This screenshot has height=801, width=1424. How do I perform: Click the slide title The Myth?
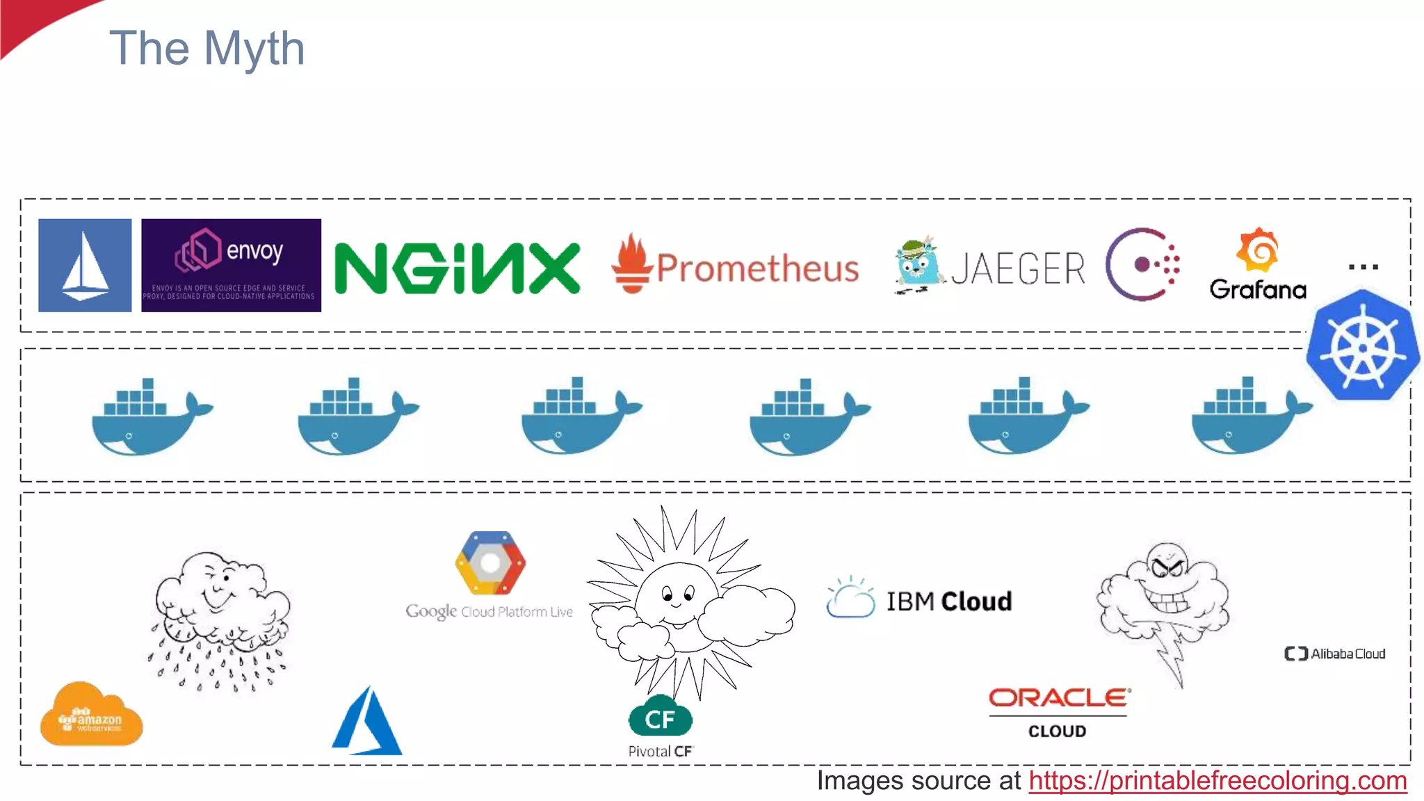(x=207, y=49)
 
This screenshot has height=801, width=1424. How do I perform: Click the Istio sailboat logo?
(x=85, y=266)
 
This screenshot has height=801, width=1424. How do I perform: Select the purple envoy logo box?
(x=231, y=266)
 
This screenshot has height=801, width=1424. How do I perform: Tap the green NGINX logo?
(x=457, y=268)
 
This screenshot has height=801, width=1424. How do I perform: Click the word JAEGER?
(x=1018, y=268)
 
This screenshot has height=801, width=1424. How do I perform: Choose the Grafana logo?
(x=1258, y=266)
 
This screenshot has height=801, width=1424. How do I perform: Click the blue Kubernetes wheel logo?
(x=1362, y=346)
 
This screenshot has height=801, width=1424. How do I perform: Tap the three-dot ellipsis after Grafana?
(x=1363, y=267)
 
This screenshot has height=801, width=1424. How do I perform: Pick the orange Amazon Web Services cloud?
(x=91, y=716)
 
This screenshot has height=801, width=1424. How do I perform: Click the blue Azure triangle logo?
(x=367, y=723)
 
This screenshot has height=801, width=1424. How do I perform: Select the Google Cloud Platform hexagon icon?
(x=490, y=563)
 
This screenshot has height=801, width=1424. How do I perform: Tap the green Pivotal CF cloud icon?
(x=660, y=718)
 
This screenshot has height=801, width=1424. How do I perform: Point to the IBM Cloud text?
(x=948, y=601)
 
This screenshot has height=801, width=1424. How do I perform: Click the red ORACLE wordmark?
(x=1059, y=697)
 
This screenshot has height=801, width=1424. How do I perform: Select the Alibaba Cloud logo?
(x=1335, y=654)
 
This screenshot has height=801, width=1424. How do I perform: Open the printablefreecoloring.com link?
(x=1217, y=781)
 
